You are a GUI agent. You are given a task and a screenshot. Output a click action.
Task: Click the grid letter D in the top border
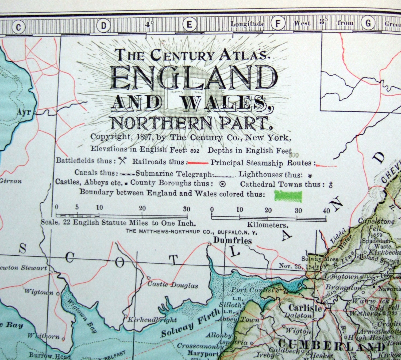coord(104,26)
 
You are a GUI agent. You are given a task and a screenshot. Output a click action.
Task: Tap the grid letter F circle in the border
coord(278,24)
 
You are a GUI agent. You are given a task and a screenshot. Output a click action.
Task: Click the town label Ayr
coord(24,112)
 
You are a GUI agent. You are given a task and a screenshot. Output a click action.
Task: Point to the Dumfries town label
coord(232,240)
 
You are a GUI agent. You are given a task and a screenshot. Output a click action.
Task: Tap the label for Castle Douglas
coord(173,285)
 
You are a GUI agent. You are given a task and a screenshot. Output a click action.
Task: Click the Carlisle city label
coord(305,308)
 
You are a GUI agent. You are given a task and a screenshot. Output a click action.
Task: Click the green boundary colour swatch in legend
coord(288,196)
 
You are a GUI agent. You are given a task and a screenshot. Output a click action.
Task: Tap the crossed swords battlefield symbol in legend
coord(122,161)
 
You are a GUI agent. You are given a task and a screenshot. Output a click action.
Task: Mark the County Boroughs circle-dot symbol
coord(222,184)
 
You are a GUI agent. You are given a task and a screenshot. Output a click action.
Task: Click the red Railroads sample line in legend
coord(198,163)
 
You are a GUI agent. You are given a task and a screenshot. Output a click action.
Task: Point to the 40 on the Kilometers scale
coord(326,211)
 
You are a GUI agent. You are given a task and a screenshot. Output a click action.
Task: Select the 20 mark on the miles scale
coord(142,208)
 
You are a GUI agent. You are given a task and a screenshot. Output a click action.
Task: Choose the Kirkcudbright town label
coord(152,320)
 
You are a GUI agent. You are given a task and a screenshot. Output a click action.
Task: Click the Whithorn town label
coord(44,336)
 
